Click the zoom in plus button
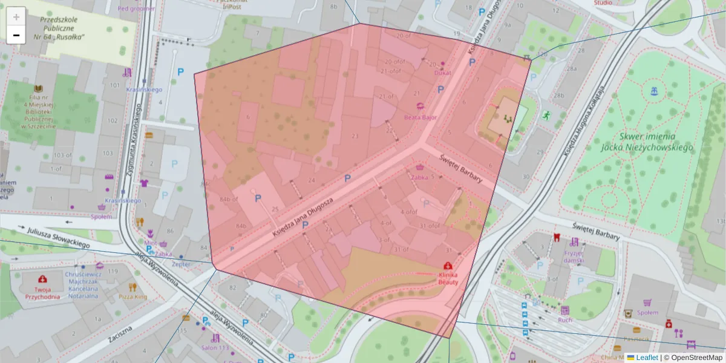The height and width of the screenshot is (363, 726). (16, 16)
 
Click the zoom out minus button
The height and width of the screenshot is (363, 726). (16, 35)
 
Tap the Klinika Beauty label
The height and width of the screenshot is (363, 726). (448, 278)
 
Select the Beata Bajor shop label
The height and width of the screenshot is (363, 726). (420, 117)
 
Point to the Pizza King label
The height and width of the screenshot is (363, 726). (132, 297)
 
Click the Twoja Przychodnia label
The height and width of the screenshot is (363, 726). (42, 293)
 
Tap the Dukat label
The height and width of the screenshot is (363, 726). (443, 73)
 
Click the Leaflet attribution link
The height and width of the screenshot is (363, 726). (646, 358)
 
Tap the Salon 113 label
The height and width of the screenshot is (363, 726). (215, 348)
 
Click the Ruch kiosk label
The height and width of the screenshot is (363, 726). (565, 320)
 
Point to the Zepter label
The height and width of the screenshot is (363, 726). (181, 264)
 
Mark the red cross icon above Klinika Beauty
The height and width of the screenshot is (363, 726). (448, 266)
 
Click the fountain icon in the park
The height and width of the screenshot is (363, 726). (653, 91)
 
